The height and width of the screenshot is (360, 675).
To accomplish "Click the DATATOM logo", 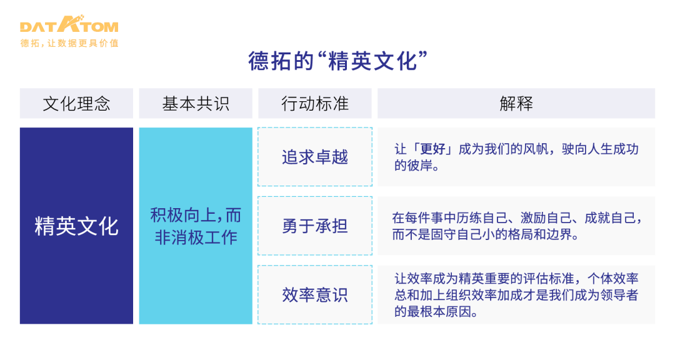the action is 69,26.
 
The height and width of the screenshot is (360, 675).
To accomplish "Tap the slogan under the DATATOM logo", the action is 69,43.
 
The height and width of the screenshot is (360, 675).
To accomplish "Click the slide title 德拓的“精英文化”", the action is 337,61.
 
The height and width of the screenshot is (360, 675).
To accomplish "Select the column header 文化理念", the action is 76,104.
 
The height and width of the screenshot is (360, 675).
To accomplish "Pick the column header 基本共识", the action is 196,104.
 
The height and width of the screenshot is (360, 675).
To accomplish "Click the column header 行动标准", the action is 315,104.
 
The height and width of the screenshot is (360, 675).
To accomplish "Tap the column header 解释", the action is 516,104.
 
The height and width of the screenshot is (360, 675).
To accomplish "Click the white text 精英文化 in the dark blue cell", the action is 76,226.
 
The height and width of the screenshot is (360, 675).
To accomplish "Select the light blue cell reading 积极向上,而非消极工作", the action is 196,226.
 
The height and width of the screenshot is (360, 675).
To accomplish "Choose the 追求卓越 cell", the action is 315,157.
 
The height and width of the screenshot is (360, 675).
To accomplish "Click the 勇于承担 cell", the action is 315,226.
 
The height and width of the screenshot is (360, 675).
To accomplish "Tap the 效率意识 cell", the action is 315,294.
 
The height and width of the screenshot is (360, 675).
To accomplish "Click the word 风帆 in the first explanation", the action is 546,149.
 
